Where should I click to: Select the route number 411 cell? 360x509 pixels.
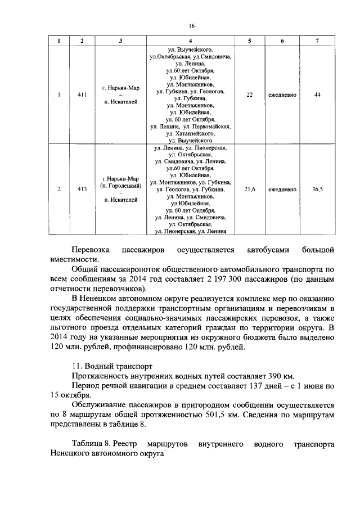click(82, 94)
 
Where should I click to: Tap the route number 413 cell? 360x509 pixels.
click(82, 190)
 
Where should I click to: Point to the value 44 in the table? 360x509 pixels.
click(318, 94)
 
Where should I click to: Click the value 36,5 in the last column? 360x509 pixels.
click(318, 190)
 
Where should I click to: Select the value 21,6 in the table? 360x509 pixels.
click(249, 190)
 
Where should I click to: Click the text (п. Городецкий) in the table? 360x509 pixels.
click(120, 185)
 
